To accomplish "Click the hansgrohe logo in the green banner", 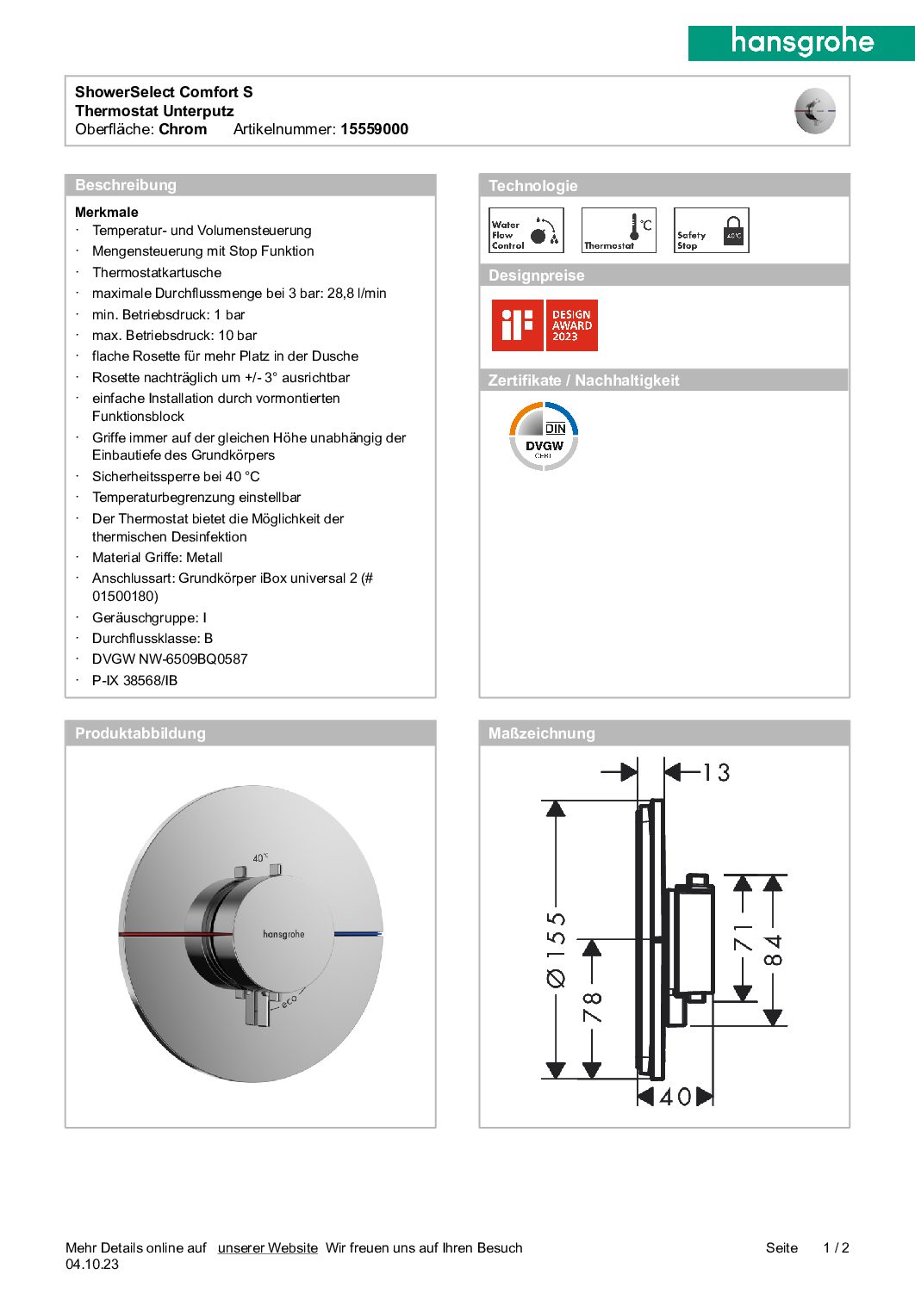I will pos(801,42).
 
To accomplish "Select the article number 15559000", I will pos(374,129).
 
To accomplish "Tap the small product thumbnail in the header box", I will pos(814,111).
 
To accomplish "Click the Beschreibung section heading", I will pos(126,185).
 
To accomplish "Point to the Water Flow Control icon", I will pos(526,231).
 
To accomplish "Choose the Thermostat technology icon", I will pos(619,231).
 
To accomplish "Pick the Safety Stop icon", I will pos(711,231).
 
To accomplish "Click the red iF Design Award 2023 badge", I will pos(545,325).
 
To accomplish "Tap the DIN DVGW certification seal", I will pos(544,436).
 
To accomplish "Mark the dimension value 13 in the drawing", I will pos(716,772).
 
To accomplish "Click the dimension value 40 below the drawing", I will pos(675,1097).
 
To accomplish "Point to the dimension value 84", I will pos(774,950).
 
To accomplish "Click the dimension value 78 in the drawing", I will pos(593,1007).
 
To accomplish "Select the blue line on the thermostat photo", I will pos(357,933).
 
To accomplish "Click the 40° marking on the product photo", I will pos(260,857).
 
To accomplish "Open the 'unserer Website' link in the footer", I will pos(267,1247).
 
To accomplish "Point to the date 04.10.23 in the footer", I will pos(92,1264).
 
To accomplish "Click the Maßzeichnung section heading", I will pos(541,733).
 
